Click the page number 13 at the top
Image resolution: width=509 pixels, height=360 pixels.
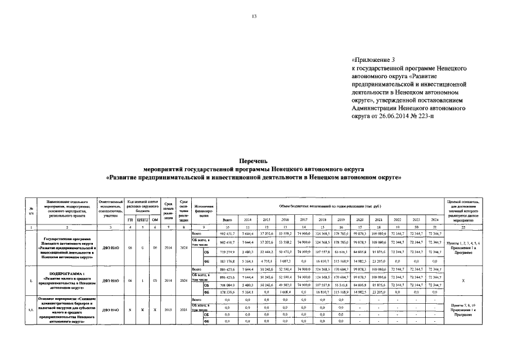(x=254, y=16)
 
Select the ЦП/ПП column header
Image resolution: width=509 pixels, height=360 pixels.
(x=143, y=219)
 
